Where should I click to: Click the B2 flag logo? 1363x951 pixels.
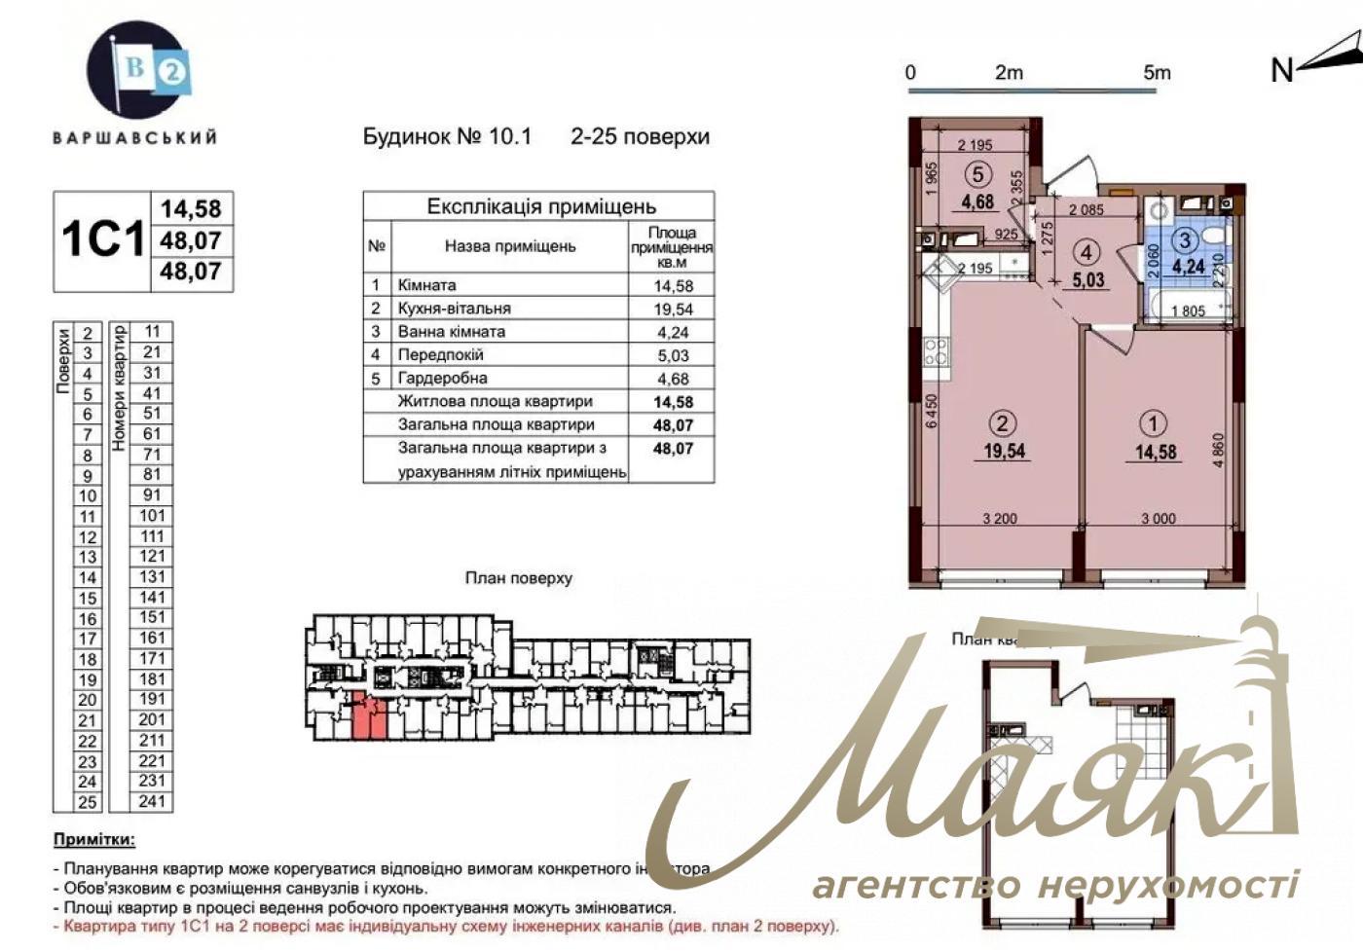coord(135,70)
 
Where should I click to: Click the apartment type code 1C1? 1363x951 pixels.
coord(102,239)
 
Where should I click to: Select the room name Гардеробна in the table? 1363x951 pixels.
coord(442,378)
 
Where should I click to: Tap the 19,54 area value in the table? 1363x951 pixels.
coord(673,309)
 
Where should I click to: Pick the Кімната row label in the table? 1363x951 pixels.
coord(426,285)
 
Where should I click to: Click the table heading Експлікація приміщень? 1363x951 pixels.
coord(541,206)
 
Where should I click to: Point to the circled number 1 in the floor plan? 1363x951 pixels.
coord(1155,423)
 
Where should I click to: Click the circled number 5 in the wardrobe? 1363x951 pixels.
coord(978,174)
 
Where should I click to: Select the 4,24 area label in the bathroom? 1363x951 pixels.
coord(1188,266)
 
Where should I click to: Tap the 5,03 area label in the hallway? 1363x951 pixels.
coord(1087,279)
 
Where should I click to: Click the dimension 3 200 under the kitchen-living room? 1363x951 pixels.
coord(1000,519)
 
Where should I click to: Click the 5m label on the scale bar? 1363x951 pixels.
coord(1157,73)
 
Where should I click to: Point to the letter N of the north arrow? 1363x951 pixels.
coord(1282,70)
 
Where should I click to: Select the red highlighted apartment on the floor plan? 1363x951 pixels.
coord(368,717)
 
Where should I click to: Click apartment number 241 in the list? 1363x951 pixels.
coord(152,801)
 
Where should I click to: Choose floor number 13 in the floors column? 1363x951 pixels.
coord(88,557)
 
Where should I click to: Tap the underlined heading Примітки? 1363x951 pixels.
coord(94,840)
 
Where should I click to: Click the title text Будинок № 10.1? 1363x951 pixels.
coord(447,136)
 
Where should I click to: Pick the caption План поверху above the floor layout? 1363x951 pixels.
coord(518,578)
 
